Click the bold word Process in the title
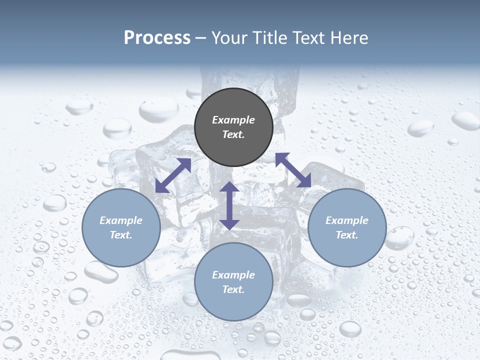click(157, 38)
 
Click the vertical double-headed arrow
click(229, 205)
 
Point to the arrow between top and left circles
click(173, 175)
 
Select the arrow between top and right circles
click(293, 170)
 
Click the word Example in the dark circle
click(233, 120)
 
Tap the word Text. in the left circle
click(121, 235)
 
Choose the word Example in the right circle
click(347, 220)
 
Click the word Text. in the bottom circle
click(233, 289)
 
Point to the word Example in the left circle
click(121, 220)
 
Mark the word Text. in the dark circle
click(233, 134)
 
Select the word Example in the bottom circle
click(233, 275)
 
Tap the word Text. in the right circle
click(347, 235)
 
